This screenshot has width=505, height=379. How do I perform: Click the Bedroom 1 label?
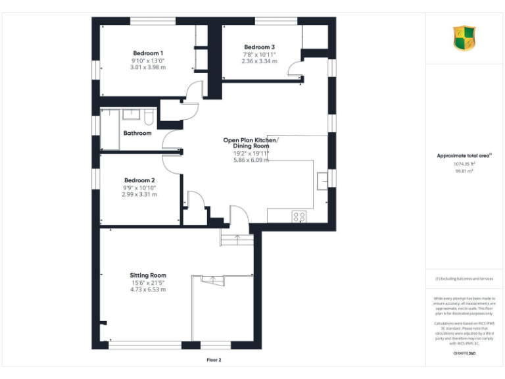[148, 53]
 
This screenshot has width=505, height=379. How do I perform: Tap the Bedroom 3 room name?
[259, 47]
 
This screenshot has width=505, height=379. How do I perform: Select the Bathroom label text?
[137, 133]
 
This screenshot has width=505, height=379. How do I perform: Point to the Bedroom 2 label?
[139, 180]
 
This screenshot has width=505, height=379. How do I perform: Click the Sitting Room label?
[148, 275]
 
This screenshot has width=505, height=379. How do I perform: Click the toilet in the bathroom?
[149, 117]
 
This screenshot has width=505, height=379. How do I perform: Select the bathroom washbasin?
[132, 114]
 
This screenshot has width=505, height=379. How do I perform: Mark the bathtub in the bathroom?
[109, 129]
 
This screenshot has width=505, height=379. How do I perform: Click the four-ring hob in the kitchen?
[299, 216]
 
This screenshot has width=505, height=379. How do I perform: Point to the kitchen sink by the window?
[322, 180]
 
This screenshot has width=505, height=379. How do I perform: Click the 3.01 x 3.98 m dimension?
[148, 67]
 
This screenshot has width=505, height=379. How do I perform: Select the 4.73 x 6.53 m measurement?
[148, 290]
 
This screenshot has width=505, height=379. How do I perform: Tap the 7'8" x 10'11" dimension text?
[259, 55]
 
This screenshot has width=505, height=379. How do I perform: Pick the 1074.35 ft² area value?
[464, 164]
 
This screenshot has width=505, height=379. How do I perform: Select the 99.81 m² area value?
[464, 170]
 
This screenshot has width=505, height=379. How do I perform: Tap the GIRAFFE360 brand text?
[464, 353]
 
